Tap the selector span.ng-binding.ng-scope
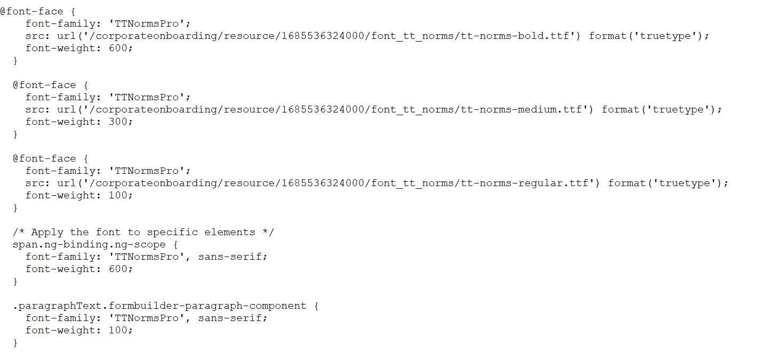pos(89,244)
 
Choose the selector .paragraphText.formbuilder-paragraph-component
pos(160,306)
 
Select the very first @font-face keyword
pos(31,11)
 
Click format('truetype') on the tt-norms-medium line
pos(661,109)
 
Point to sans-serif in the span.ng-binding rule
pos(231,257)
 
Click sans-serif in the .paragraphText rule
pos(231,318)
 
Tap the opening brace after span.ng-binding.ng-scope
pos(175,244)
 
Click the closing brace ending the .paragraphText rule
pos(15,342)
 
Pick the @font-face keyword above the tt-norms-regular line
pos(44,158)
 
